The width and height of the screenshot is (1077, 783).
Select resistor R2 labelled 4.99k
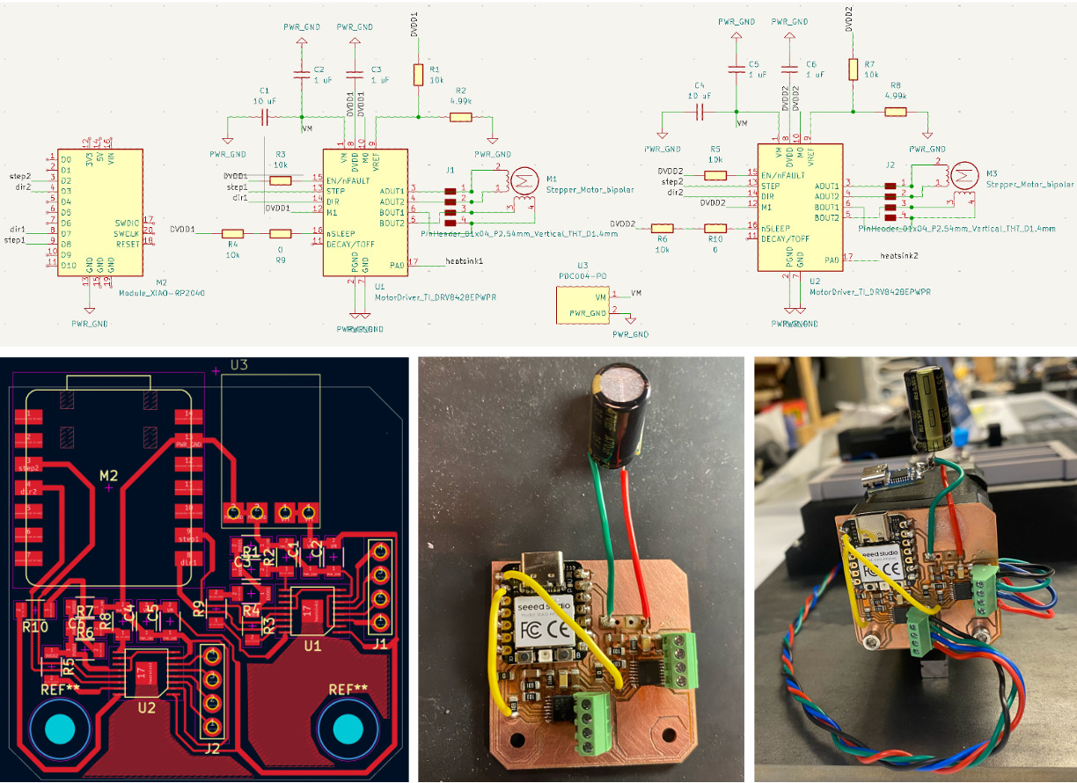click(460, 116)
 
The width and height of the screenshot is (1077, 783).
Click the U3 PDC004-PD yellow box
click(582, 304)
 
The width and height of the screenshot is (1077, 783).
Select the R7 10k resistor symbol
click(852, 69)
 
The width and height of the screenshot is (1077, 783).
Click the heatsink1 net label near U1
click(465, 261)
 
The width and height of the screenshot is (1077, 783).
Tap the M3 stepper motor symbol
click(965, 175)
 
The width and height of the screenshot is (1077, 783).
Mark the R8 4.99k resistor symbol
click(895, 112)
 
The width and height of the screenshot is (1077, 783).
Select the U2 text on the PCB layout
click(146, 706)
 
